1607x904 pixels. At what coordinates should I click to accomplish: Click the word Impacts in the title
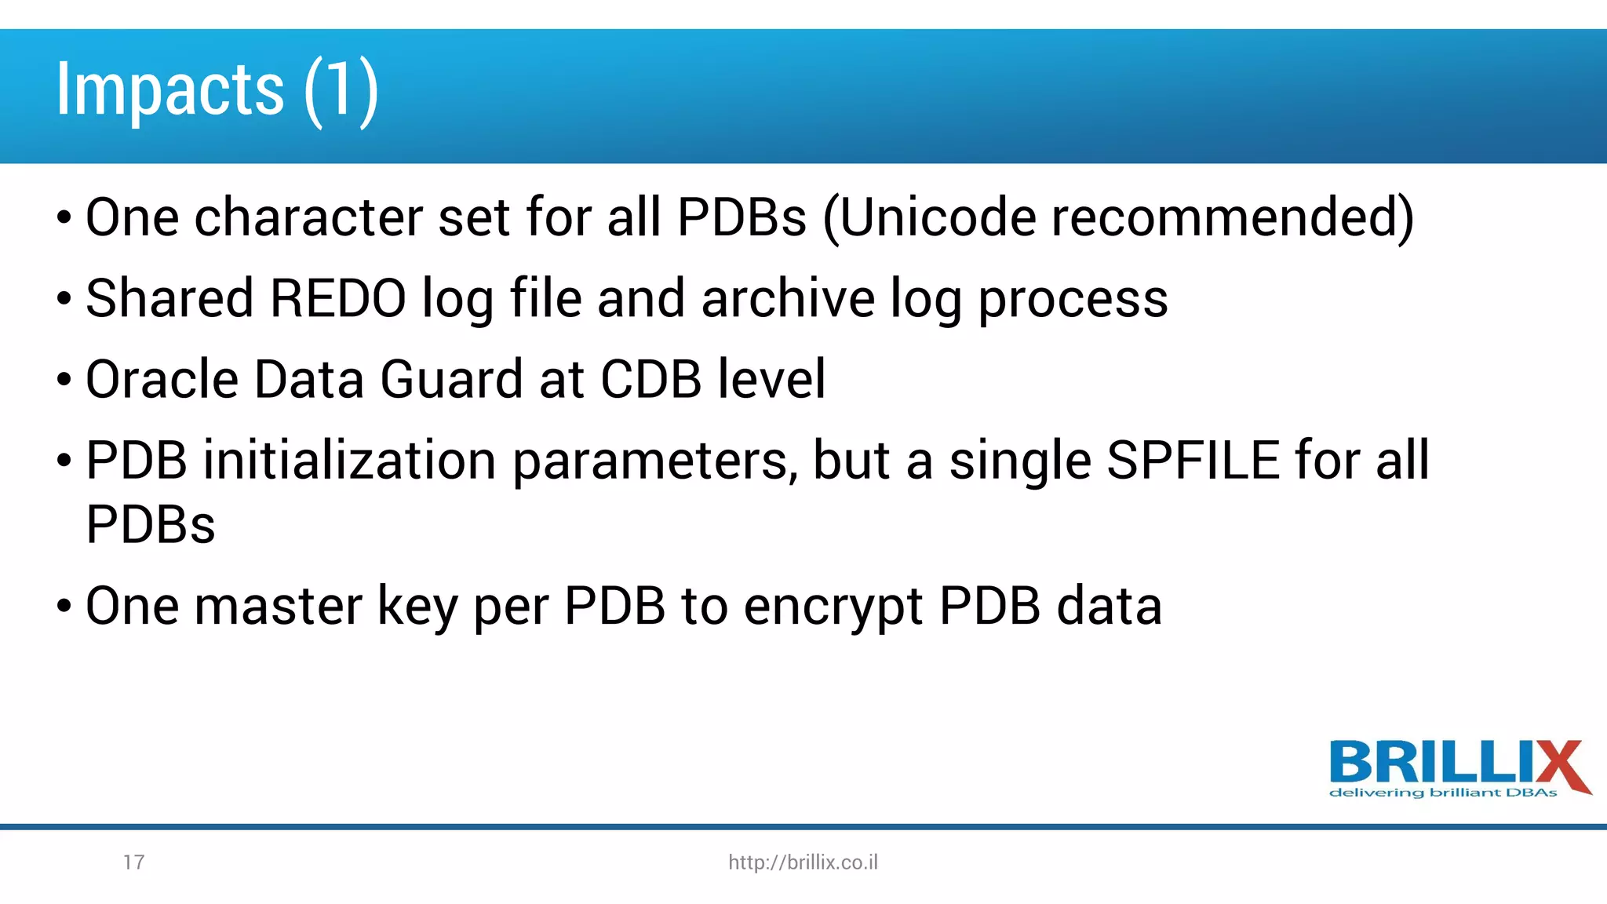click(169, 90)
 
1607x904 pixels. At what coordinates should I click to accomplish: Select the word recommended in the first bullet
click(1232, 217)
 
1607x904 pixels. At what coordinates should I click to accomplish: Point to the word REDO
click(337, 298)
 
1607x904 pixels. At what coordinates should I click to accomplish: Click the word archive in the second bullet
click(788, 298)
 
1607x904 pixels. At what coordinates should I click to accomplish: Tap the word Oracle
click(162, 379)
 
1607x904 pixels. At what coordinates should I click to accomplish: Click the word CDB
click(650, 379)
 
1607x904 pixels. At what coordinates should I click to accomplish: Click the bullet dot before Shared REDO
click(64, 299)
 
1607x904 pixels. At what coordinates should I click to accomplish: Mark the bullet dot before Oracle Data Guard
click(64, 381)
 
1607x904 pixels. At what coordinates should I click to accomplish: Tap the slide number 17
click(133, 862)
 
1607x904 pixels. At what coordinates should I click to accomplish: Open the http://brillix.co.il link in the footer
click(803, 862)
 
